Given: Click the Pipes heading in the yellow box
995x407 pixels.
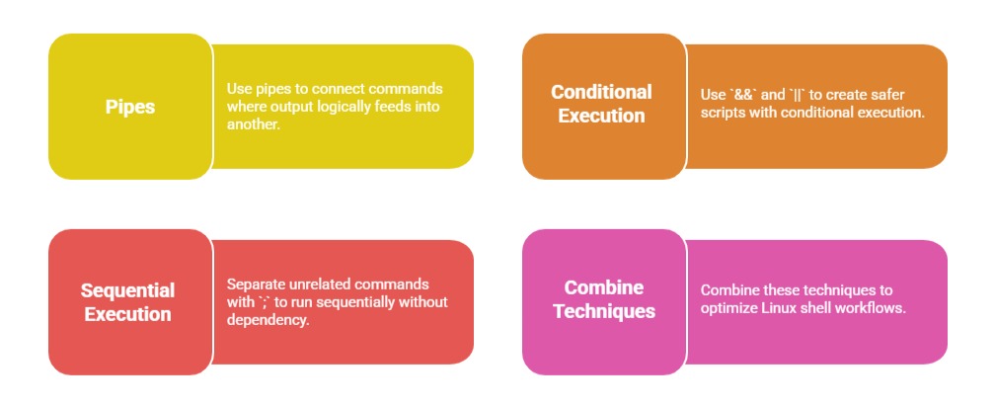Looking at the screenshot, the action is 130,107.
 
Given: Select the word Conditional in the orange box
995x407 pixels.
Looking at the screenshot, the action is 601,92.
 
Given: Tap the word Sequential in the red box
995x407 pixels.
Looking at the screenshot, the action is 127,290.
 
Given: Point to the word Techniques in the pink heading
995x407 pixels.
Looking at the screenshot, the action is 604,312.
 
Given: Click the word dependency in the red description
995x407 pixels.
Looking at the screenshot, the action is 268,321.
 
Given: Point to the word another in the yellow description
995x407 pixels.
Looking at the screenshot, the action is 253,125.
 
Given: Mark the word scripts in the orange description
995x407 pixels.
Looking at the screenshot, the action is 723,114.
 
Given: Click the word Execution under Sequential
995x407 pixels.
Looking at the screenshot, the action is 127,314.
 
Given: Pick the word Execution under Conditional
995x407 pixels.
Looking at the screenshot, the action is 601,117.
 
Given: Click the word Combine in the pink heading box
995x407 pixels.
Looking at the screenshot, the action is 603,287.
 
